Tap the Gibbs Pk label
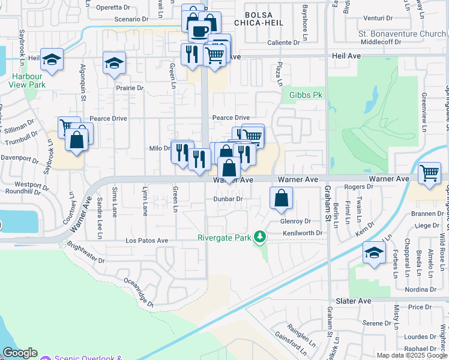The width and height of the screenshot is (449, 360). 306,95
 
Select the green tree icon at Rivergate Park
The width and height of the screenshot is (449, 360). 259,238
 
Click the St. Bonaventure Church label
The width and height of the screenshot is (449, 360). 402,34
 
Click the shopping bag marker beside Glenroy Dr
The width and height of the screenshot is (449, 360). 281,198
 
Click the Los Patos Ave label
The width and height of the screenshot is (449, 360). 146,241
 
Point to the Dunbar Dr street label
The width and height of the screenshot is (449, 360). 228,199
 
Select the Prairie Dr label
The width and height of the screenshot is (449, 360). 130,88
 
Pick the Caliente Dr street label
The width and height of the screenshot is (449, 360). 283,43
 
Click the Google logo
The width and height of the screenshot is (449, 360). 20,353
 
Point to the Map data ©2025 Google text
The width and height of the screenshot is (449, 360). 411,355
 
